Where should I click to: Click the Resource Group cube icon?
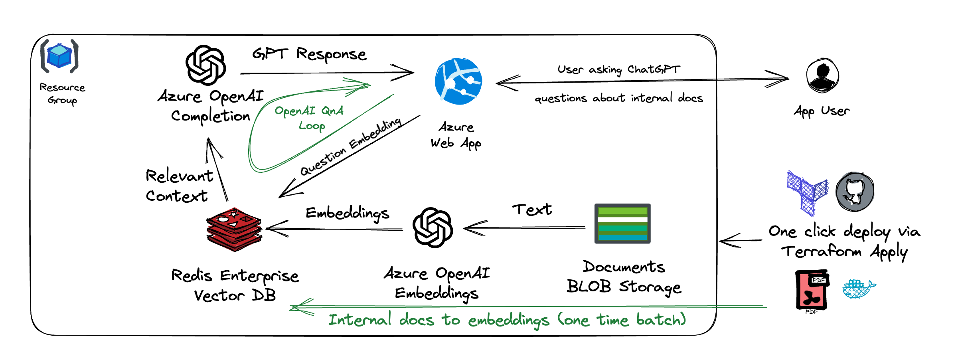[x=59, y=56]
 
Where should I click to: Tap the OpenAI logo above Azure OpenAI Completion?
[x=206, y=65]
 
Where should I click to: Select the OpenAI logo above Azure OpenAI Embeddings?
[x=433, y=227]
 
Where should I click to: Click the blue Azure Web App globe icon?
[x=458, y=81]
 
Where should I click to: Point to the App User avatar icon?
[x=822, y=75]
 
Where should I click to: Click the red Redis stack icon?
[x=234, y=229]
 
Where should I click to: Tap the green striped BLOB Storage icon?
[x=622, y=224]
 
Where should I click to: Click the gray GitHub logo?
[x=855, y=192]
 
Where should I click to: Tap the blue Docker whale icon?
[x=858, y=289]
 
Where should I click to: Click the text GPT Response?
[x=309, y=54]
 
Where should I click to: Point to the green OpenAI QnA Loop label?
[x=310, y=117]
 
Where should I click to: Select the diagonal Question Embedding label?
[x=351, y=146]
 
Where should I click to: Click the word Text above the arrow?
[x=532, y=209]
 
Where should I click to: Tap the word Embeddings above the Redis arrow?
[x=347, y=213]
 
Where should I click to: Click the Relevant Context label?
[x=179, y=186]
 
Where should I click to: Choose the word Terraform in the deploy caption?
[x=821, y=251]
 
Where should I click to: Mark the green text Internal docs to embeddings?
[x=439, y=320]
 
